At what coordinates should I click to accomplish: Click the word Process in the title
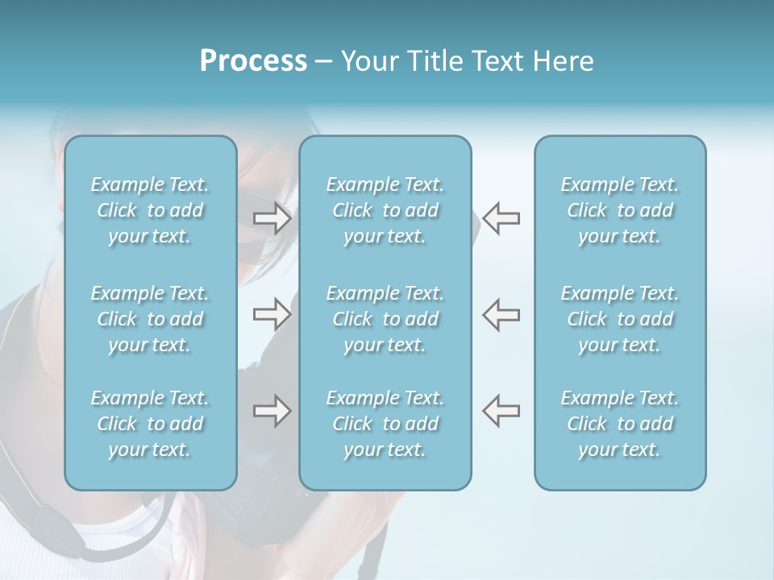tap(253, 61)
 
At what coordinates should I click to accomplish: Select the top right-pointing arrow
tap(272, 218)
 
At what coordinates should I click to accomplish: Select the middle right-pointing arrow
tap(272, 314)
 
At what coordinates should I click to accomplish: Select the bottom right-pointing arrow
tap(272, 411)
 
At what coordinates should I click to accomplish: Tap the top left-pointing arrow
tap(501, 218)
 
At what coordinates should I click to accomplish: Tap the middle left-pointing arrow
tap(501, 314)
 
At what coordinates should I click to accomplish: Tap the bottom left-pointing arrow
tap(501, 411)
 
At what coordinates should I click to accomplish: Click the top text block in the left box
tap(150, 210)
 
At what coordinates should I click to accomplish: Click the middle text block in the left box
tap(150, 319)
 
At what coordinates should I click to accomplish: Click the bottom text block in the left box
tap(150, 424)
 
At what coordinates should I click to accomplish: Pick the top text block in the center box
tap(385, 210)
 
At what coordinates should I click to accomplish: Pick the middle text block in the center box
tap(385, 319)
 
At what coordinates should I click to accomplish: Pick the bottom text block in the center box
tap(385, 424)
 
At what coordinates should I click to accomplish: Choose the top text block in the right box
tap(619, 210)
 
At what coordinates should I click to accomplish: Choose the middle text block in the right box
tap(619, 319)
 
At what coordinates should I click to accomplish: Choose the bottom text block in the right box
tap(619, 424)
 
